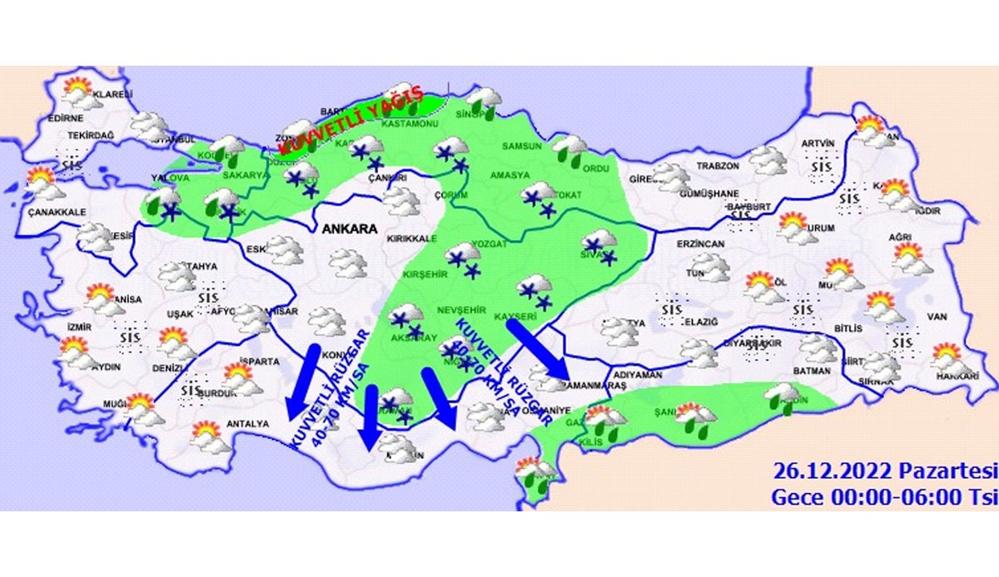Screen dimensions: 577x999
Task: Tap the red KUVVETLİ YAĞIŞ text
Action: pos(350,124)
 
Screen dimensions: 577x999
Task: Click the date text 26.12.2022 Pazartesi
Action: pos(885,472)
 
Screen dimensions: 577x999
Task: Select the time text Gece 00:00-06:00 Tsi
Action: pos(884,497)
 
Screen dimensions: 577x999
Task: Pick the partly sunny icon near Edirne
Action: pos(79,91)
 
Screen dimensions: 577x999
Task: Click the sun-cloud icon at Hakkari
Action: pos(950,360)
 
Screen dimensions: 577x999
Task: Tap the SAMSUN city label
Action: pos(522,146)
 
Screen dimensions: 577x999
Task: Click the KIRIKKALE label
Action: pos(406,239)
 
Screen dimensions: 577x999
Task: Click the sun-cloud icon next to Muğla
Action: pos(141,409)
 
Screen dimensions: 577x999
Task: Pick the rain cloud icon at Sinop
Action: pos(484,101)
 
